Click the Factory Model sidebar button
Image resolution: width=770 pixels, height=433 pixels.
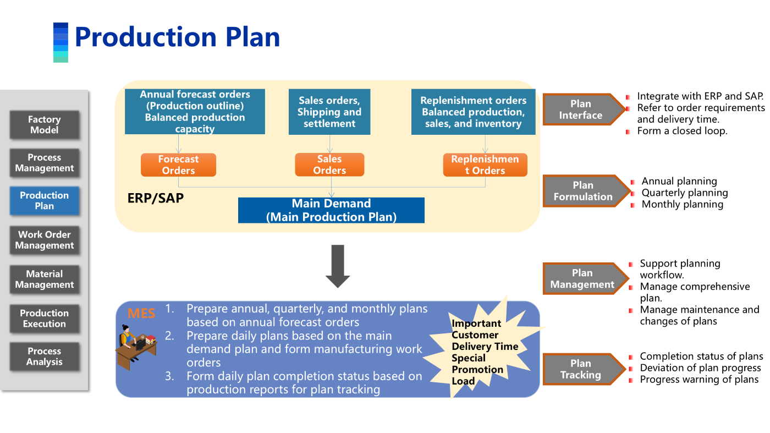tap(44, 125)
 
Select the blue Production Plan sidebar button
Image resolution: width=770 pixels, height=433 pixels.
tap(44, 201)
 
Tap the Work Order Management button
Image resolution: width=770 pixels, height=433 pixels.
tap(44, 240)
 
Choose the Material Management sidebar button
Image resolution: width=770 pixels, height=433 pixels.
tap(44, 279)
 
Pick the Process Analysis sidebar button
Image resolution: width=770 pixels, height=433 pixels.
tap(44, 357)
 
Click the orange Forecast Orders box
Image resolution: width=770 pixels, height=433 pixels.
tap(178, 165)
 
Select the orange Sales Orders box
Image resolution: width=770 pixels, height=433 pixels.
tap(329, 165)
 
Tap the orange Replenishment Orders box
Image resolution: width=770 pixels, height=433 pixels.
tap(485, 165)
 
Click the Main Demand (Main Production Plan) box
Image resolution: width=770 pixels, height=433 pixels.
tap(331, 210)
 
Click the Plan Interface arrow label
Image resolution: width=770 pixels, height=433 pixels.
tap(582, 109)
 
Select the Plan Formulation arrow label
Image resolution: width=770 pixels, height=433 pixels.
tap(584, 191)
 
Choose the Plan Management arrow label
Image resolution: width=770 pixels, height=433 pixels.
tap(583, 279)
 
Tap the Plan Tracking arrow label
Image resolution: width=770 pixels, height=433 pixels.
tap(582, 369)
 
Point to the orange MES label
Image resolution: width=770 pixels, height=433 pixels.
tap(141, 314)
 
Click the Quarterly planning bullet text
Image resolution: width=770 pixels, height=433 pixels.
tap(685, 193)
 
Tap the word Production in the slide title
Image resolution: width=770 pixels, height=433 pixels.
tap(145, 37)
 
